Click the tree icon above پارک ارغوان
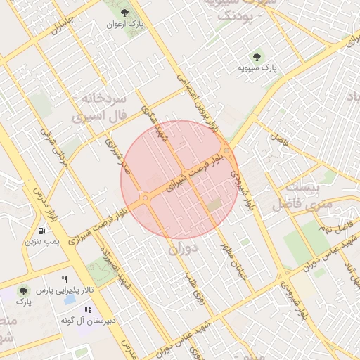click(x=125, y=13)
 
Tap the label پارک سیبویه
click(x=257, y=67)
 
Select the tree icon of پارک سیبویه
click(x=256, y=56)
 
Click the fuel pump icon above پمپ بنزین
click(x=44, y=230)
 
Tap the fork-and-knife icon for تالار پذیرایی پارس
click(x=65, y=279)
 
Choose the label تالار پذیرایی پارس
click(x=65, y=290)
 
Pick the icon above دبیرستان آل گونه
click(x=88, y=309)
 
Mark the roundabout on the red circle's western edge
click(x=145, y=198)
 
